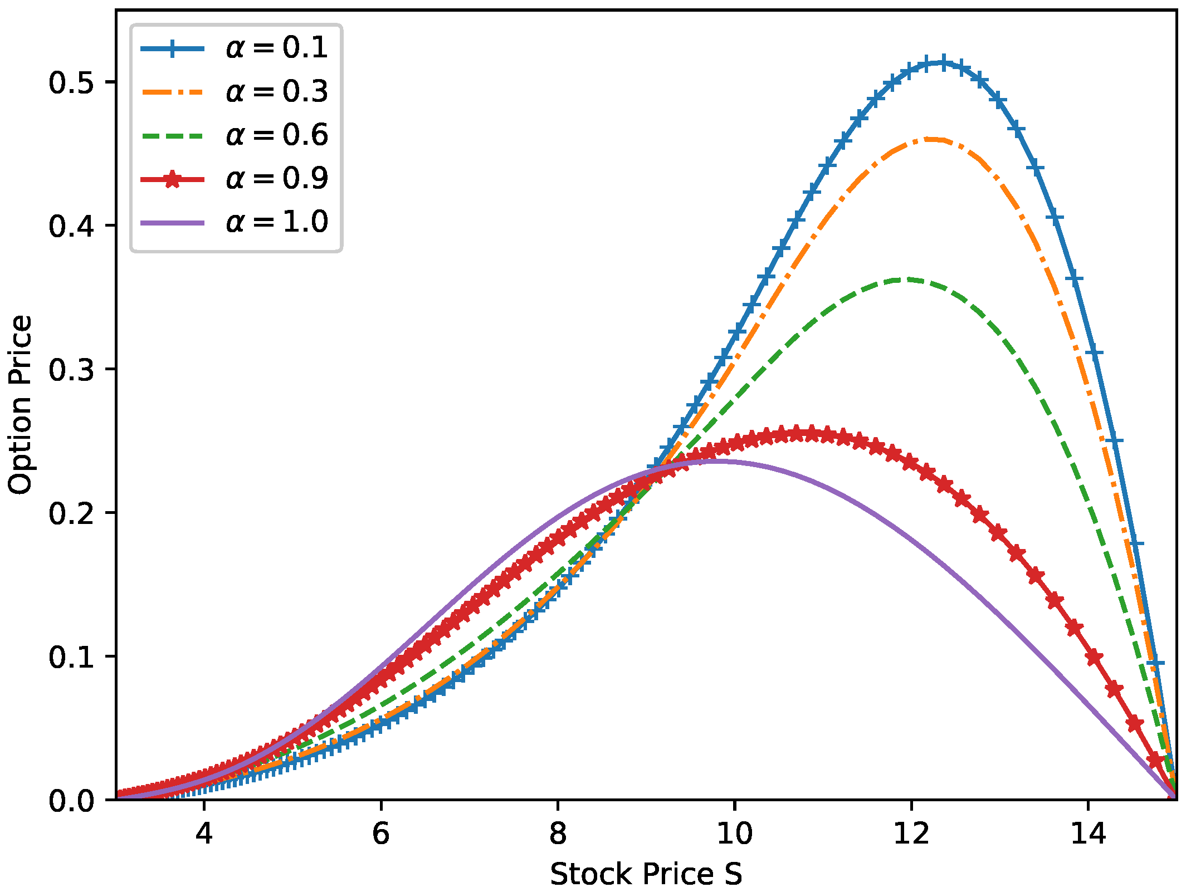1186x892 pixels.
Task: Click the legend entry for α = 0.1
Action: click(277, 48)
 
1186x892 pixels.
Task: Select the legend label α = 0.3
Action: click(277, 91)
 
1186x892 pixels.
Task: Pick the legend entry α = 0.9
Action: click(277, 179)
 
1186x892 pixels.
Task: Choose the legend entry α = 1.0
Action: click(277, 222)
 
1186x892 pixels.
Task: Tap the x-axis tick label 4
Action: click(204, 834)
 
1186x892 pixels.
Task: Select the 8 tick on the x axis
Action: click(558, 834)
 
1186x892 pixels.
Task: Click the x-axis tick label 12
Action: click(911, 834)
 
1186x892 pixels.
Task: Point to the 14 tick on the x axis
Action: click(1088, 834)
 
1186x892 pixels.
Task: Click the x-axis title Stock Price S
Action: click(646, 874)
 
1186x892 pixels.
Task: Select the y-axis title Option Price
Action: click(21, 405)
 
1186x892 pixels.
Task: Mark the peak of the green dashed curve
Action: click(905, 279)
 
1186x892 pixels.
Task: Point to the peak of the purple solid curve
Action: click(719, 460)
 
